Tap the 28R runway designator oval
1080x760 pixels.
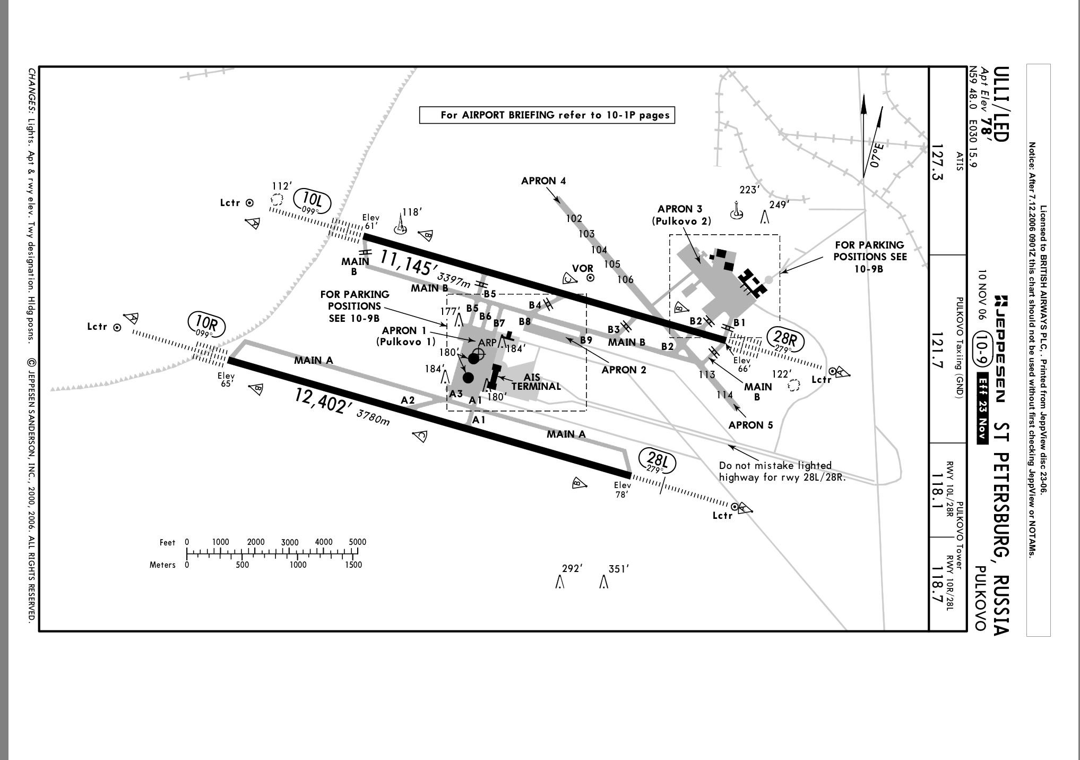pyautogui.click(x=785, y=340)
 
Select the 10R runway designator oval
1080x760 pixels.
pyautogui.click(x=205, y=325)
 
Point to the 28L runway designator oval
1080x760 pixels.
pyautogui.click(x=656, y=462)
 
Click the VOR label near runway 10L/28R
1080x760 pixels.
pyautogui.click(x=582, y=268)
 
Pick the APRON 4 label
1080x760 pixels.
pyautogui.click(x=543, y=181)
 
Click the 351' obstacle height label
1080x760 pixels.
pyautogui.click(x=618, y=569)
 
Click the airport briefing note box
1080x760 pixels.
pyautogui.click(x=547, y=115)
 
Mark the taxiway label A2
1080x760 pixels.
pyautogui.click(x=408, y=400)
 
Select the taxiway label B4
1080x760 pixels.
pyautogui.click(x=535, y=305)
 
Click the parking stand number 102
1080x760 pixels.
pyautogui.click(x=574, y=218)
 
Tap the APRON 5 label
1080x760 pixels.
pyautogui.click(x=750, y=425)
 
